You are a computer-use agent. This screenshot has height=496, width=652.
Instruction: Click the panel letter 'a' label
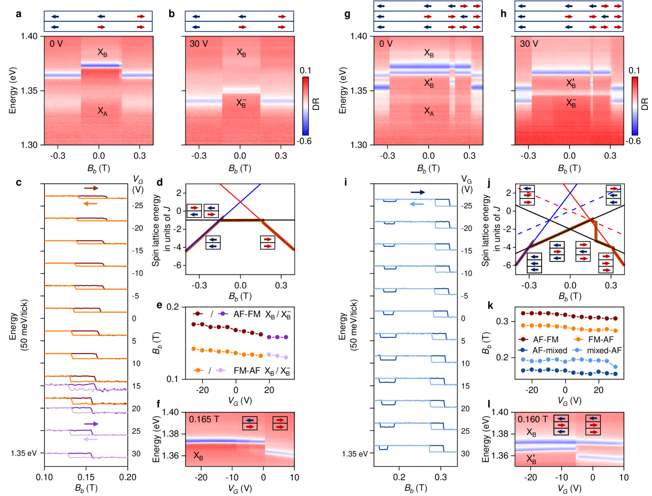tap(18, 14)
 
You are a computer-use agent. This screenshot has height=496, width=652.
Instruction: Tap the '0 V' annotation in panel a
tap(56, 44)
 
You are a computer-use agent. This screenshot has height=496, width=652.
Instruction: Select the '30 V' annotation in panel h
tap(529, 44)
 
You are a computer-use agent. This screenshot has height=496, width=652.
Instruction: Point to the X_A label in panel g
tap(429, 111)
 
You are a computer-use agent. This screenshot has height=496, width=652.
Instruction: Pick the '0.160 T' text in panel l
tap(533, 419)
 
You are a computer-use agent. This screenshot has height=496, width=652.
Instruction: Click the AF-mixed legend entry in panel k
tap(544, 350)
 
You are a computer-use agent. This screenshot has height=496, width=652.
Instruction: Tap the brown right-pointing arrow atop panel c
tap(92, 188)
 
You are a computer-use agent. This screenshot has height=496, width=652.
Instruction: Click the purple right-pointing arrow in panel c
tap(92, 424)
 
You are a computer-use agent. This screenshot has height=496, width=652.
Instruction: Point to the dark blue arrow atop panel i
tap(418, 192)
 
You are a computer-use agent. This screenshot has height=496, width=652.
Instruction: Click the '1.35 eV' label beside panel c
tap(24, 453)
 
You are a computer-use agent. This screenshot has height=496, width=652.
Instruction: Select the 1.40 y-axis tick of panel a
tap(29, 36)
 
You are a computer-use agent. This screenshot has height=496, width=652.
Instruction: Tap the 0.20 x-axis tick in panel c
tap(127, 477)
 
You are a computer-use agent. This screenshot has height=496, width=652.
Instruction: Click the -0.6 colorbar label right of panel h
tap(633, 141)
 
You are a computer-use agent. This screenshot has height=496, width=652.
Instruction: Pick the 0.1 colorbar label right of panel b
tap(305, 70)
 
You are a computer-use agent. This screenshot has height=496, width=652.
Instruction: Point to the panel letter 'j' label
tap(488, 182)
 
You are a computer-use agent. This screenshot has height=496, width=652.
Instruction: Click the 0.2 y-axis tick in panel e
tap(172, 307)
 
